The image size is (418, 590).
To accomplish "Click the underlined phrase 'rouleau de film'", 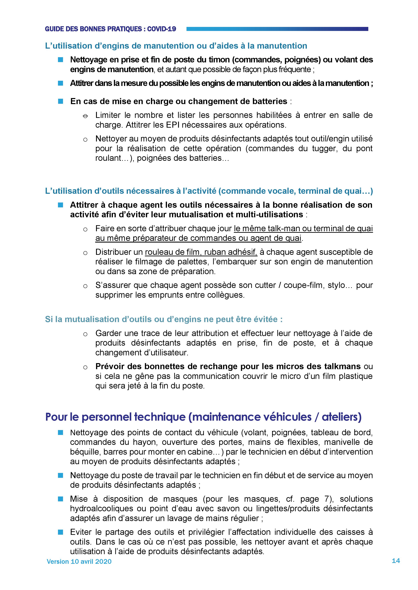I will [173, 252].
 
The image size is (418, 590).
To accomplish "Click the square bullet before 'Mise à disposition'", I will [60, 499].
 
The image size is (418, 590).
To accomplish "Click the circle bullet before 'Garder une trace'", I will [85, 334].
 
